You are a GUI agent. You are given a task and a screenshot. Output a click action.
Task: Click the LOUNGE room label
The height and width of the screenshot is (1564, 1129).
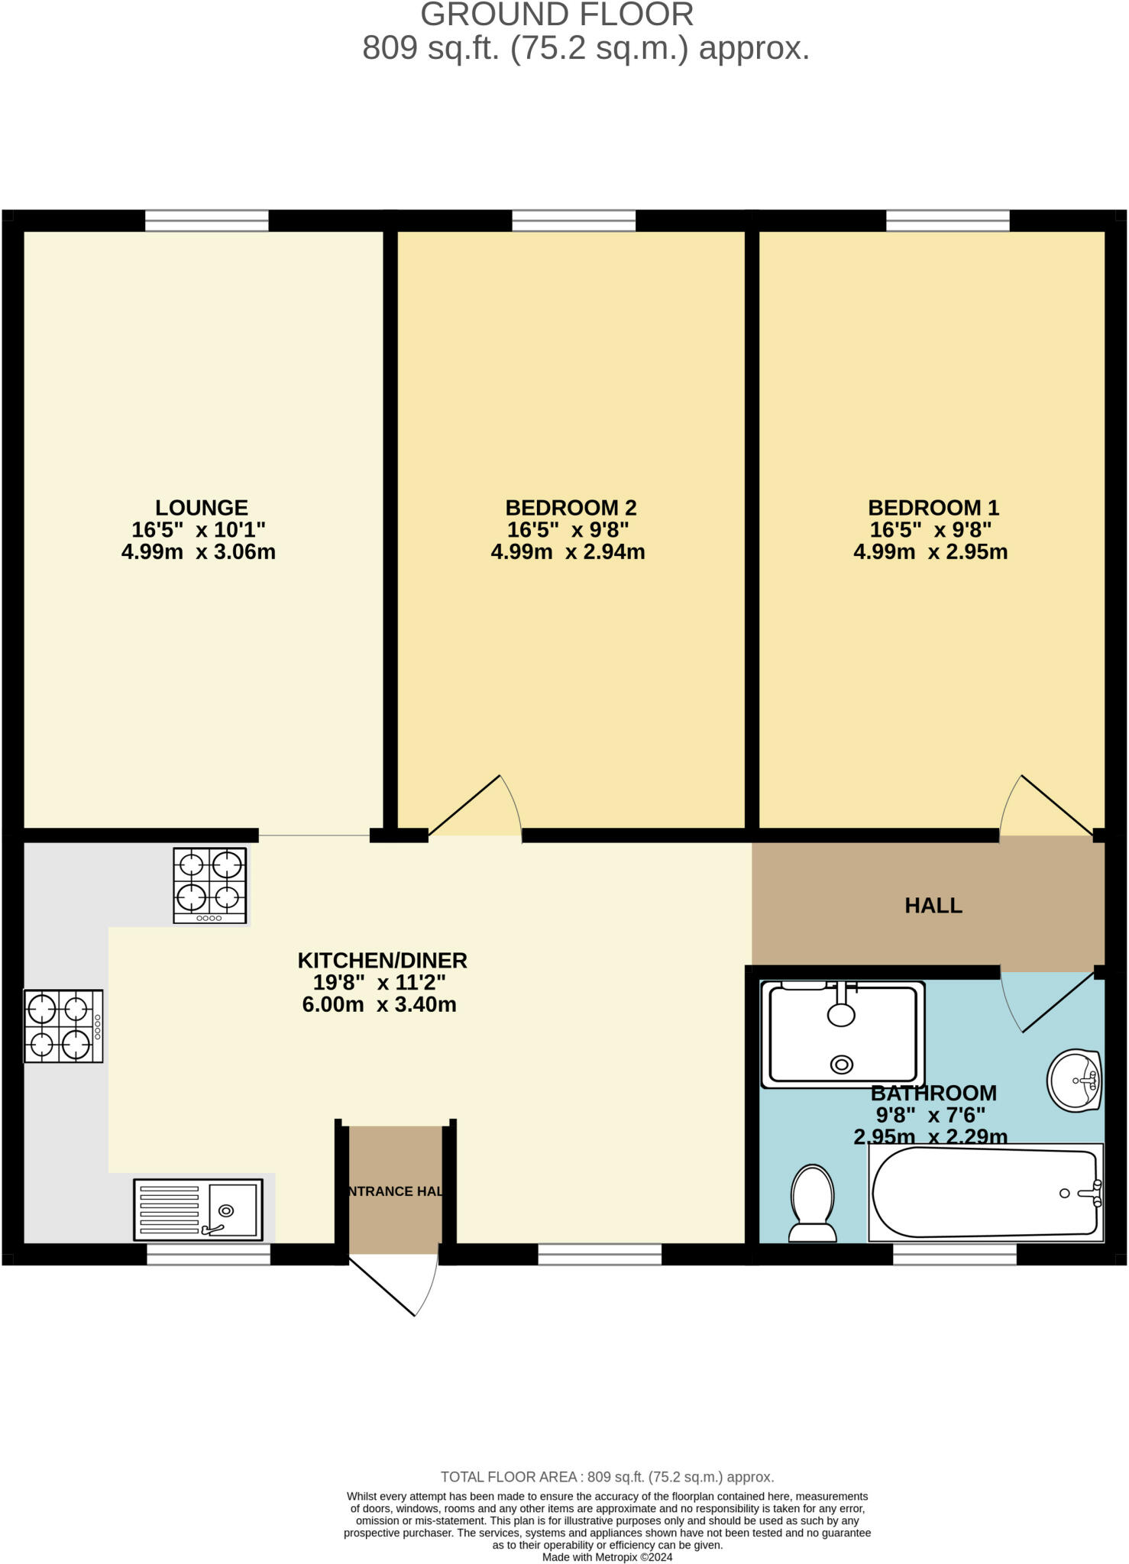click(202, 508)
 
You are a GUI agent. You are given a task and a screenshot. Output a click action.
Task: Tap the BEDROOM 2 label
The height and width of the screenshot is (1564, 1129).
click(571, 508)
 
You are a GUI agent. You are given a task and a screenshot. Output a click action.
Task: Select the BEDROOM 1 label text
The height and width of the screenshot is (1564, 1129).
click(933, 508)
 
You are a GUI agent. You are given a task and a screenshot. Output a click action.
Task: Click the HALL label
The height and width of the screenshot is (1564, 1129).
click(933, 906)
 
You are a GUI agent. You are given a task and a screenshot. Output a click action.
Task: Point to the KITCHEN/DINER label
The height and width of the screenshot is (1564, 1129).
click(382, 961)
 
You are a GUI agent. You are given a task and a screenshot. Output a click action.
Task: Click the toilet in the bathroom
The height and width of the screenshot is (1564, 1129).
click(812, 1203)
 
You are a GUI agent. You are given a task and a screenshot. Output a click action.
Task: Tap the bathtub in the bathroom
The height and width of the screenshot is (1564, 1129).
click(985, 1193)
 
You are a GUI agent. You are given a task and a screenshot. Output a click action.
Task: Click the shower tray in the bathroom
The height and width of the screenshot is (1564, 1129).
click(843, 1035)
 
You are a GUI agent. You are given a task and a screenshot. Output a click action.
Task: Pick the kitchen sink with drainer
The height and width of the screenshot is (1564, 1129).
click(198, 1209)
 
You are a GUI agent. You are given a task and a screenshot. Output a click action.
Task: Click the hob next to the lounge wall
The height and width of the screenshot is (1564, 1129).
click(210, 885)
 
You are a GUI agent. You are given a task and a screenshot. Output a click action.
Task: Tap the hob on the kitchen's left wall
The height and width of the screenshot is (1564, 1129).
click(63, 1026)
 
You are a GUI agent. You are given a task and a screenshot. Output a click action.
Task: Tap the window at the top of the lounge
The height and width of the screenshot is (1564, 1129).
click(207, 221)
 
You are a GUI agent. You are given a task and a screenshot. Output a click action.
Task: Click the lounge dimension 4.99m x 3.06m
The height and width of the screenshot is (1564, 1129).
click(199, 552)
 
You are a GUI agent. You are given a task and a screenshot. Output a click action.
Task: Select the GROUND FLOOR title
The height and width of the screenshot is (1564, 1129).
click(557, 15)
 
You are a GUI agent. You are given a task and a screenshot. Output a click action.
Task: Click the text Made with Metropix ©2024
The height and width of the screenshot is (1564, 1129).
click(607, 1557)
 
